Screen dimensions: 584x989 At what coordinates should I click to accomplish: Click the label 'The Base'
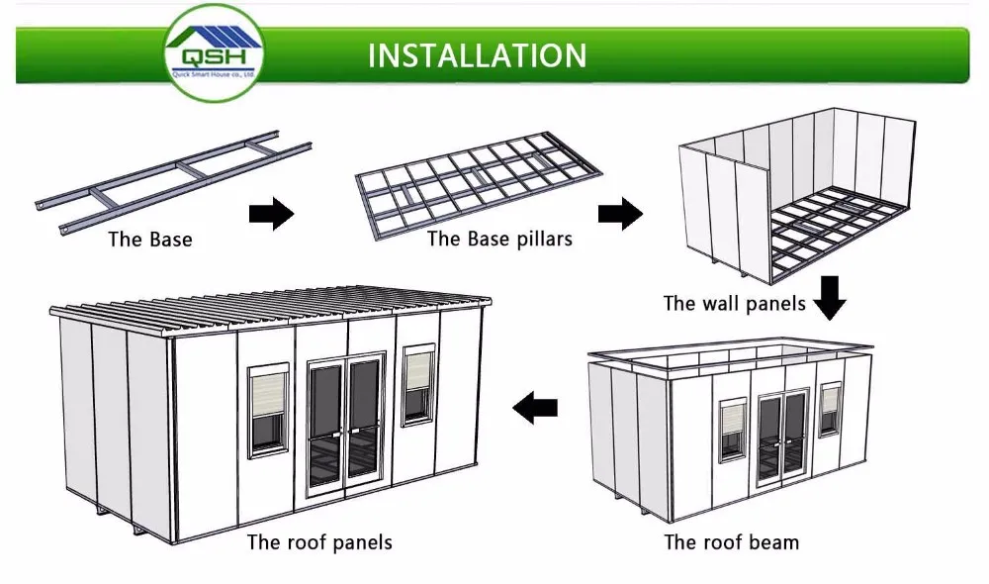150,240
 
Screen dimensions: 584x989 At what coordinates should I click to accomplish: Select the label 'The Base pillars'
499,239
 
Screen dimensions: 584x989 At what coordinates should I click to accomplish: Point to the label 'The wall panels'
734,304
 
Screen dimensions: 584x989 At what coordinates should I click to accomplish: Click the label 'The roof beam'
731,541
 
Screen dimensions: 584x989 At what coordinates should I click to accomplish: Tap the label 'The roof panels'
319,541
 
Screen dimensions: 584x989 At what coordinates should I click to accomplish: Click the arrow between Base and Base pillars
270,212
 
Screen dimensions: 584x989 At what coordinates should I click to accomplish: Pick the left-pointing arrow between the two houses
534,405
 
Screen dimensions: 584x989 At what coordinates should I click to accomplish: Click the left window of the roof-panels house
268,409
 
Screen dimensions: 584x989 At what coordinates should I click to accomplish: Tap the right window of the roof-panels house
418,385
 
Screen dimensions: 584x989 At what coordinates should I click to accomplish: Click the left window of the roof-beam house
733,429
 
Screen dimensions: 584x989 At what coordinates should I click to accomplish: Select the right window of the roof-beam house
830,409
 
